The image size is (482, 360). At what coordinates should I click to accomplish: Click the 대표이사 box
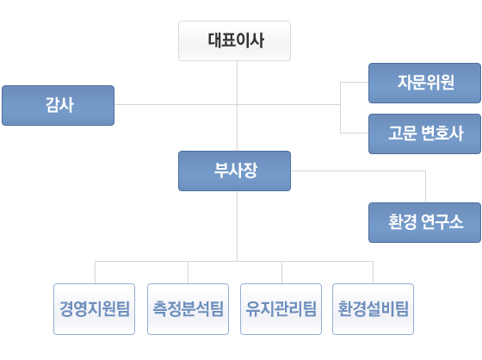pyautogui.click(x=234, y=40)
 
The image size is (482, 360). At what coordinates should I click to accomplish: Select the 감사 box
pyautogui.click(x=59, y=105)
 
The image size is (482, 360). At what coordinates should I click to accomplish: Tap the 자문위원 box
pyautogui.click(x=425, y=83)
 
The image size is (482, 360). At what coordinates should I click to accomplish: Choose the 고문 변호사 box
pyautogui.click(x=425, y=133)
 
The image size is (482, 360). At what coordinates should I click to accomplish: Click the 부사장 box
pyautogui.click(x=234, y=171)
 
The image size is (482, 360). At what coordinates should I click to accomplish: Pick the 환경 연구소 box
pyautogui.click(x=425, y=222)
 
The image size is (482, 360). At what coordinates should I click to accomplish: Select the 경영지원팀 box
pyautogui.click(x=94, y=309)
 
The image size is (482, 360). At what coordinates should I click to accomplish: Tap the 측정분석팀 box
pyautogui.click(x=188, y=309)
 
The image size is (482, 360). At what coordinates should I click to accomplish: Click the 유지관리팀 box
pyautogui.click(x=281, y=309)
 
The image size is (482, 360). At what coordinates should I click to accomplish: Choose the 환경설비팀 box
pyautogui.click(x=374, y=309)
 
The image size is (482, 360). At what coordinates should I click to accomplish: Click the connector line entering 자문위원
pyautogui.click(x=355, y=82)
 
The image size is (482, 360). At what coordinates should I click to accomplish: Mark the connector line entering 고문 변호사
pyautogui.click(x=355, y=133)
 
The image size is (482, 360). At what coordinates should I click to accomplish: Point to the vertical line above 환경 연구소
pyautogui.click(x=426, y=187)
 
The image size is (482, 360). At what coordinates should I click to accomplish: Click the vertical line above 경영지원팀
pyautogui.click(x=95, y=272)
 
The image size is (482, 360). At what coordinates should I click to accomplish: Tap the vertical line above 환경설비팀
pyautogui.click(x=374, y=272)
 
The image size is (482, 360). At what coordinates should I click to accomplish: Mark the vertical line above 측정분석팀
pyautogui.click(x=188, y=272)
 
